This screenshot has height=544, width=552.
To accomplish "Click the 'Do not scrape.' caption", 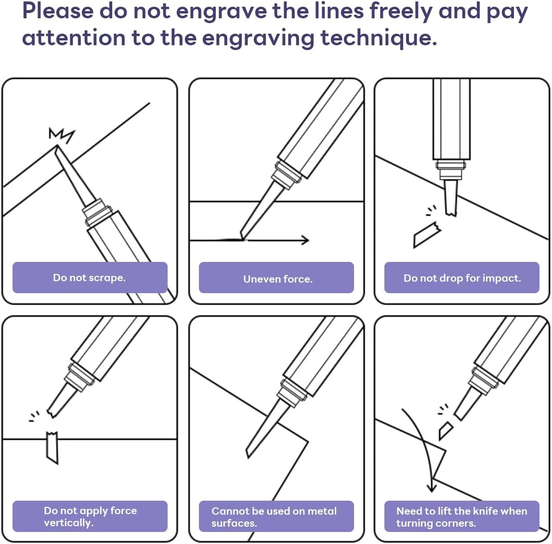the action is tap(89, 278).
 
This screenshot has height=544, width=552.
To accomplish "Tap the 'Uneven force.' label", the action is tap(278, 279).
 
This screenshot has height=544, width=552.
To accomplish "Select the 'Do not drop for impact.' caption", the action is tap(462, 278).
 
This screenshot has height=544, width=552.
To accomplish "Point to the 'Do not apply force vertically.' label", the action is tap(90, 516).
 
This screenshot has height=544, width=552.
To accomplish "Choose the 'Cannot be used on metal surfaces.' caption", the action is tap(274, 517).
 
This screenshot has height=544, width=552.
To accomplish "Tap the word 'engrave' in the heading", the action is tap(221, 11).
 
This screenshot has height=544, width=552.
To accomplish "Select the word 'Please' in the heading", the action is tap(58, 11).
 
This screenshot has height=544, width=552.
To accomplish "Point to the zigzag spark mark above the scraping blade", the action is tap(62, 135).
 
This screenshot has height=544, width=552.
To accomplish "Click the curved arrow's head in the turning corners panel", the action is tap(432, 488).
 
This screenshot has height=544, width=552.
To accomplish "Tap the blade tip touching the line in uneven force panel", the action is tap(243, 239).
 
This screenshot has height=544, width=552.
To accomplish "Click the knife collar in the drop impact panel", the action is tap(451, 169).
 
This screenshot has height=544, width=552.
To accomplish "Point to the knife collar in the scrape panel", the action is tap(97, 212).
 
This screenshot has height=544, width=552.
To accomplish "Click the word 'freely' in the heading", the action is tap(401, 11).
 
